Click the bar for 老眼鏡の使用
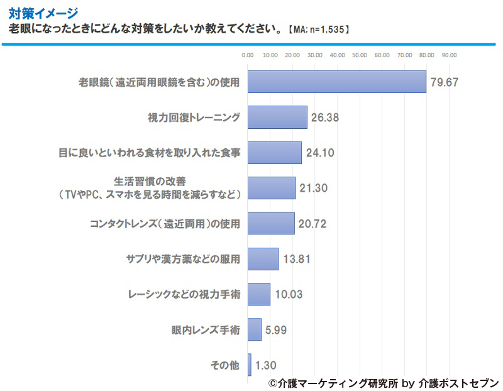[337, 82]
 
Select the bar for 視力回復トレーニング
[277, 117]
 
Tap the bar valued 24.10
[275, 152]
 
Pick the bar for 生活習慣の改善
[272, 188]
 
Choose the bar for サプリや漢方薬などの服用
[263, 258]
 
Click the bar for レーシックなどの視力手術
[259, 294]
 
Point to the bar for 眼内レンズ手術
[255, 329]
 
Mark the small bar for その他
[250, 365]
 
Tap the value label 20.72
[312, 223]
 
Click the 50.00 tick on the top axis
[360, 55]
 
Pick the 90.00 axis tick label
[449, 55]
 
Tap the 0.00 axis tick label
[248, 55]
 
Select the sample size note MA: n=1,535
[318, 30]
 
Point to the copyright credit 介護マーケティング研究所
[332, 382]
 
